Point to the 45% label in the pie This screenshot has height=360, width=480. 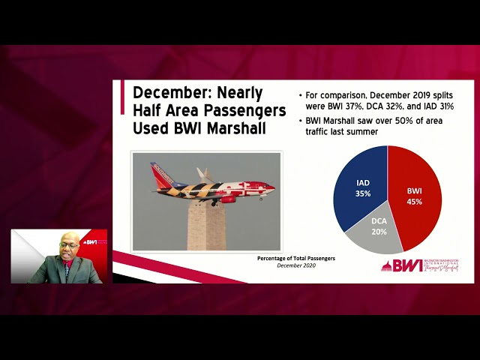pyautogui.click(x=415, y=202)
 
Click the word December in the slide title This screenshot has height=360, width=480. pyautogui.click(x=171, y=93)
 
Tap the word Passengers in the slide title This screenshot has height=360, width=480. pyautogui.click(x=247, y=110)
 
